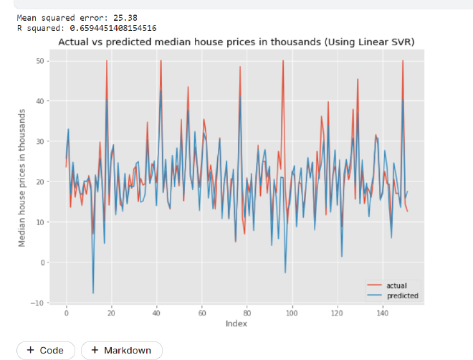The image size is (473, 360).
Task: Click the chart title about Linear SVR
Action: coord(236,42)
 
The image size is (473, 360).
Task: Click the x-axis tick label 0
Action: coord(66,313)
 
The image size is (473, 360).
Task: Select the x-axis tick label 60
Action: coord(202,313)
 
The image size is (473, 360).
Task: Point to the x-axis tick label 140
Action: coord(383,313)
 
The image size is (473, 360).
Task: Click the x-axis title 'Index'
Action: coord(236,324)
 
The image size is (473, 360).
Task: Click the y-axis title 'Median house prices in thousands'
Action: coord(22,178)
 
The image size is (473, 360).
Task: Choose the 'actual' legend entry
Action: coord(396,285)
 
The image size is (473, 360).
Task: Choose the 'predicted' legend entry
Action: coord(402,295)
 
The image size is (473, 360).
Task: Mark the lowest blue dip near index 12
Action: coord(93,293)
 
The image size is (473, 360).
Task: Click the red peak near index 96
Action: coord(283,62)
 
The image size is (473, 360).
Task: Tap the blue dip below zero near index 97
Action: coord(285,273)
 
